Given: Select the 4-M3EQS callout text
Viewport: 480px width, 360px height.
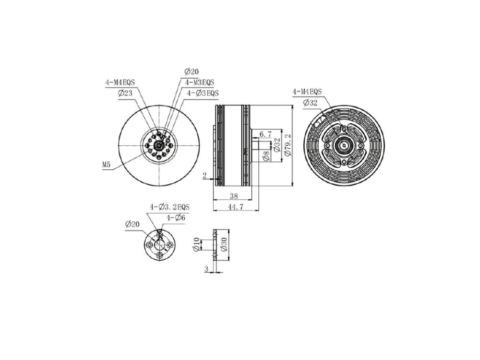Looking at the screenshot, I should click(199, 82).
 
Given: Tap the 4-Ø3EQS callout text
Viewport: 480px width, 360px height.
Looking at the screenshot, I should click(203, 93).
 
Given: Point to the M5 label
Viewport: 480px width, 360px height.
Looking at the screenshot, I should click(107, 165).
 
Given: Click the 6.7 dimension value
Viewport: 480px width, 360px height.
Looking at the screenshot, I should click(265, 135).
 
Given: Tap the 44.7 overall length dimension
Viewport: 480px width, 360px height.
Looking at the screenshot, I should click(234, 207).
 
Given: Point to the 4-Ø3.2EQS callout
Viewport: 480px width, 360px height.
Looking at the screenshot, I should click(170, 207).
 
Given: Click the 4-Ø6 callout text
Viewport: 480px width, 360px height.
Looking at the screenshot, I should click(176, 218).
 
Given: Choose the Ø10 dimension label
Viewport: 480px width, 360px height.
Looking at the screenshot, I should click(196, 245).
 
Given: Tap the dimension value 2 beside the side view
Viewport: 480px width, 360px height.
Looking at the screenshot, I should click(205, 175).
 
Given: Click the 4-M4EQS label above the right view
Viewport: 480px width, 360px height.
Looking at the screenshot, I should click(307, 92).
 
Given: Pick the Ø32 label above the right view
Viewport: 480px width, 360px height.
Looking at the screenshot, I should click(310, 103).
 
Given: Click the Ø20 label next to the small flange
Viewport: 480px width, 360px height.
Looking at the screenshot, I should click(133, 225).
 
